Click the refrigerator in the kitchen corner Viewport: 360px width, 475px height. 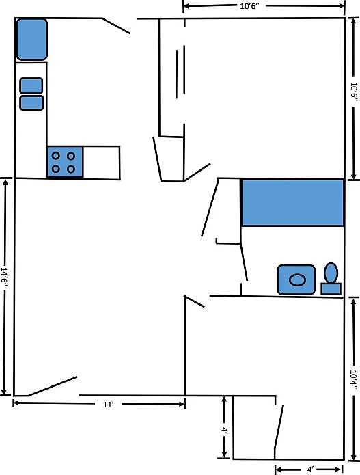[32, 40]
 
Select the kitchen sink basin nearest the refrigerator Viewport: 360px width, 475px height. [31, 85]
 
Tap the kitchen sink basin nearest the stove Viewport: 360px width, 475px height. [31, 103]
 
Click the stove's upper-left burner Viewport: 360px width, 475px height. [56, 156]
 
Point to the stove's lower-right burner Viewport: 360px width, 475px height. [71, 169]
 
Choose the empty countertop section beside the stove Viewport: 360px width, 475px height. [101, 163]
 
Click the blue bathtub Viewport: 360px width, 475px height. [292, 203]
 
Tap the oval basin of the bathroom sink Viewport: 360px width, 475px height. [297, 280]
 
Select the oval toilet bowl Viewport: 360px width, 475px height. [331, 273]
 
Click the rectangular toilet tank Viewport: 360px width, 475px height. [331, 289]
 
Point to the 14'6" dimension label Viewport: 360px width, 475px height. [4, 277]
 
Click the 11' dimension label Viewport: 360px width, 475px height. [108, 405]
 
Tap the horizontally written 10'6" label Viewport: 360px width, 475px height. [249, 6]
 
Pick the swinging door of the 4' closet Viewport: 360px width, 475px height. [279, 426]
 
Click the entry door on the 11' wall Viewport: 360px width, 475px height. [53, 386]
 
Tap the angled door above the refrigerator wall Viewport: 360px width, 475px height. [116, 26]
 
